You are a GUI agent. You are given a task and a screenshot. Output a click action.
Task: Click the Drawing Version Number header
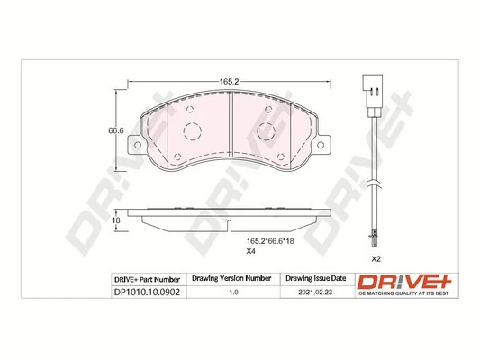click(x=232, y=279)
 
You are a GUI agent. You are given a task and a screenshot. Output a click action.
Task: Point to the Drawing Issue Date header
click(x=314, y=279)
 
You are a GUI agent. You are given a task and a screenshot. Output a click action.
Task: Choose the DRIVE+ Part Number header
click(x=148, y=279)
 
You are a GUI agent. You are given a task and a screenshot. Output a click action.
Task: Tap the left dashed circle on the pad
click(x=191, y=132)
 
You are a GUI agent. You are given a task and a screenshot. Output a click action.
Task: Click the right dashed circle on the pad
click(x=267, y=132)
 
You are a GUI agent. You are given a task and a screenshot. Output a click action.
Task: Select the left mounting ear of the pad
click(x=135, y=145)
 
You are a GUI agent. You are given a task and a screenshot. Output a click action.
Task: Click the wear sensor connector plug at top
click(x=369, y=87)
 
